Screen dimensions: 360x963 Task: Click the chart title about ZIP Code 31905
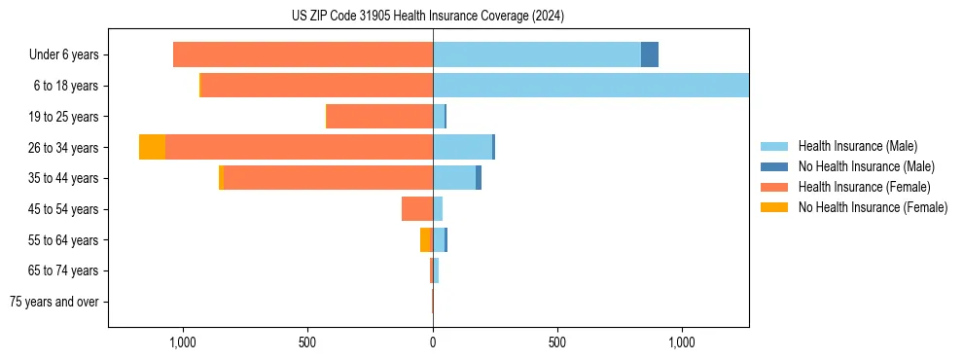(428, 16)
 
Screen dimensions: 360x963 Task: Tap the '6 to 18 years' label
(66, 86)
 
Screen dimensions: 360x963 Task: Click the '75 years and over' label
(54, 302)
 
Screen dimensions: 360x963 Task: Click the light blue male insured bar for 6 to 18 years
(590, 86)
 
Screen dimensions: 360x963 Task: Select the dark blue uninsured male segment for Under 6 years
(650, 54)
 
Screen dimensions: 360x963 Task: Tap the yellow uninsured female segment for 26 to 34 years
(152, 147)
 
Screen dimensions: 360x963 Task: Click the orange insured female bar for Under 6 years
(303, 54)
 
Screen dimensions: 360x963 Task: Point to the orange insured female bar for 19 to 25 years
(379, 117)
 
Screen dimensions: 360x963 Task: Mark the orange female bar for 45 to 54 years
(417, 209)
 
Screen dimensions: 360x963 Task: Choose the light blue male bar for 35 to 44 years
(454, 178)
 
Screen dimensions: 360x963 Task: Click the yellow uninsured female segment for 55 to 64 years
(425, 239)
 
